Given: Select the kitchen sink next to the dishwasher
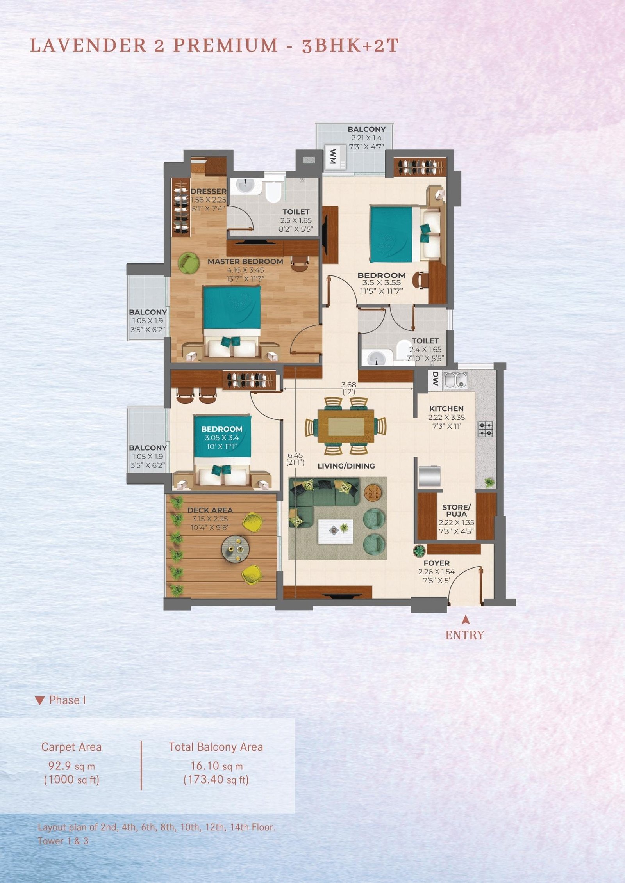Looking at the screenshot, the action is pyautogui.click(x=455, y=380).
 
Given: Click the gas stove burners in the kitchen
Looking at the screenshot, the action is pyautogui.click(x=486, y=429).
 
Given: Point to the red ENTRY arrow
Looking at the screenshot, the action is pyautogui.click(x=465, y=619).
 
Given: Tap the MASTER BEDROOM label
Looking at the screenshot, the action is pyautogui.click(x=245, y=261).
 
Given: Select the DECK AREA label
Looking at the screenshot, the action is pyautogui.click(x=210, y=510).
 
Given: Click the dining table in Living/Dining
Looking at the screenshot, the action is pyautogui.click(x=346, y=426).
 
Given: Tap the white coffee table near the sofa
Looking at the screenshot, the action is pyautogui.click(x=336, y=531).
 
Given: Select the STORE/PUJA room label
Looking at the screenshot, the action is pyautogui.click(x=456, y=510).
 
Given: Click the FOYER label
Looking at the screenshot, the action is pyautogui.click(x=436, y=563).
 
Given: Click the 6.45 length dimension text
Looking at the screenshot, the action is pyautogui.click(x=295, y=455).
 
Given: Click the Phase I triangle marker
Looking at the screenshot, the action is pyautogui.click(x=40, y=701).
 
